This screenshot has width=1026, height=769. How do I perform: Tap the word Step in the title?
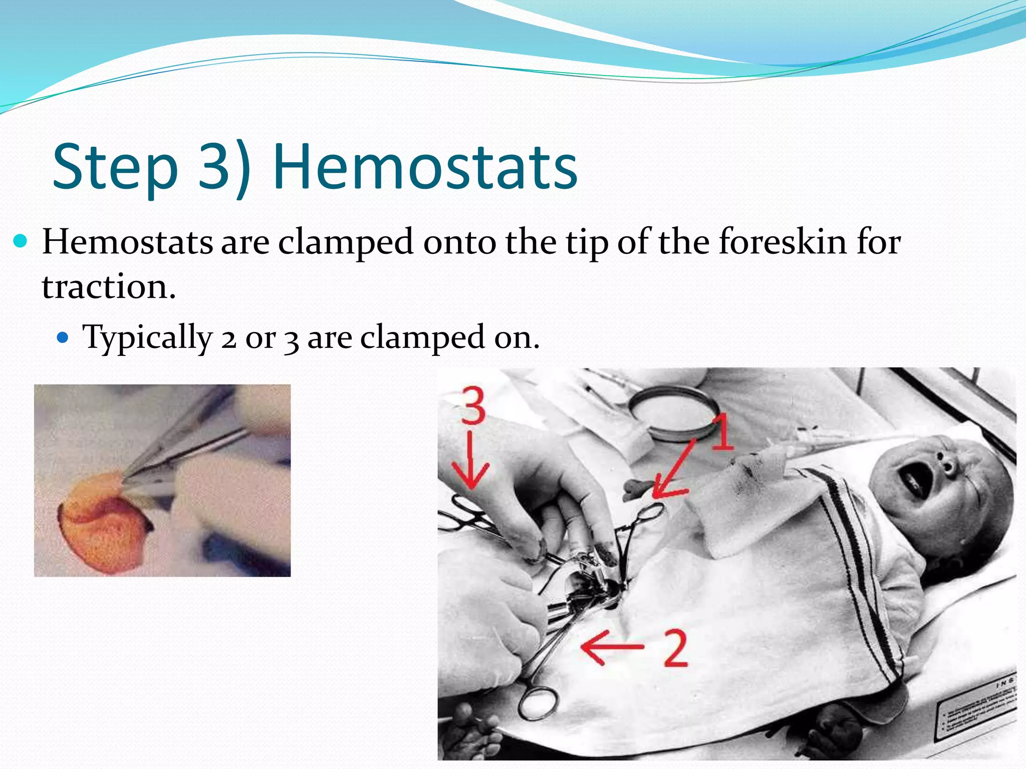pos(115,168)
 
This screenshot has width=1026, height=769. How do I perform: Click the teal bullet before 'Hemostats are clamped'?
pos(21,242)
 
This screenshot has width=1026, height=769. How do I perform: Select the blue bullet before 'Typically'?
pos(62,337)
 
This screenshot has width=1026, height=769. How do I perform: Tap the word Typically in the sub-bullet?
pos(148,337)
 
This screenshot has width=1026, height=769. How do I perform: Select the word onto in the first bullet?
pos(461,242)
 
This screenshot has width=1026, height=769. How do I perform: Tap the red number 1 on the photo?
pos(722,432)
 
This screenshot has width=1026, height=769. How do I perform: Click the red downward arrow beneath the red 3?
pos(470,461)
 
